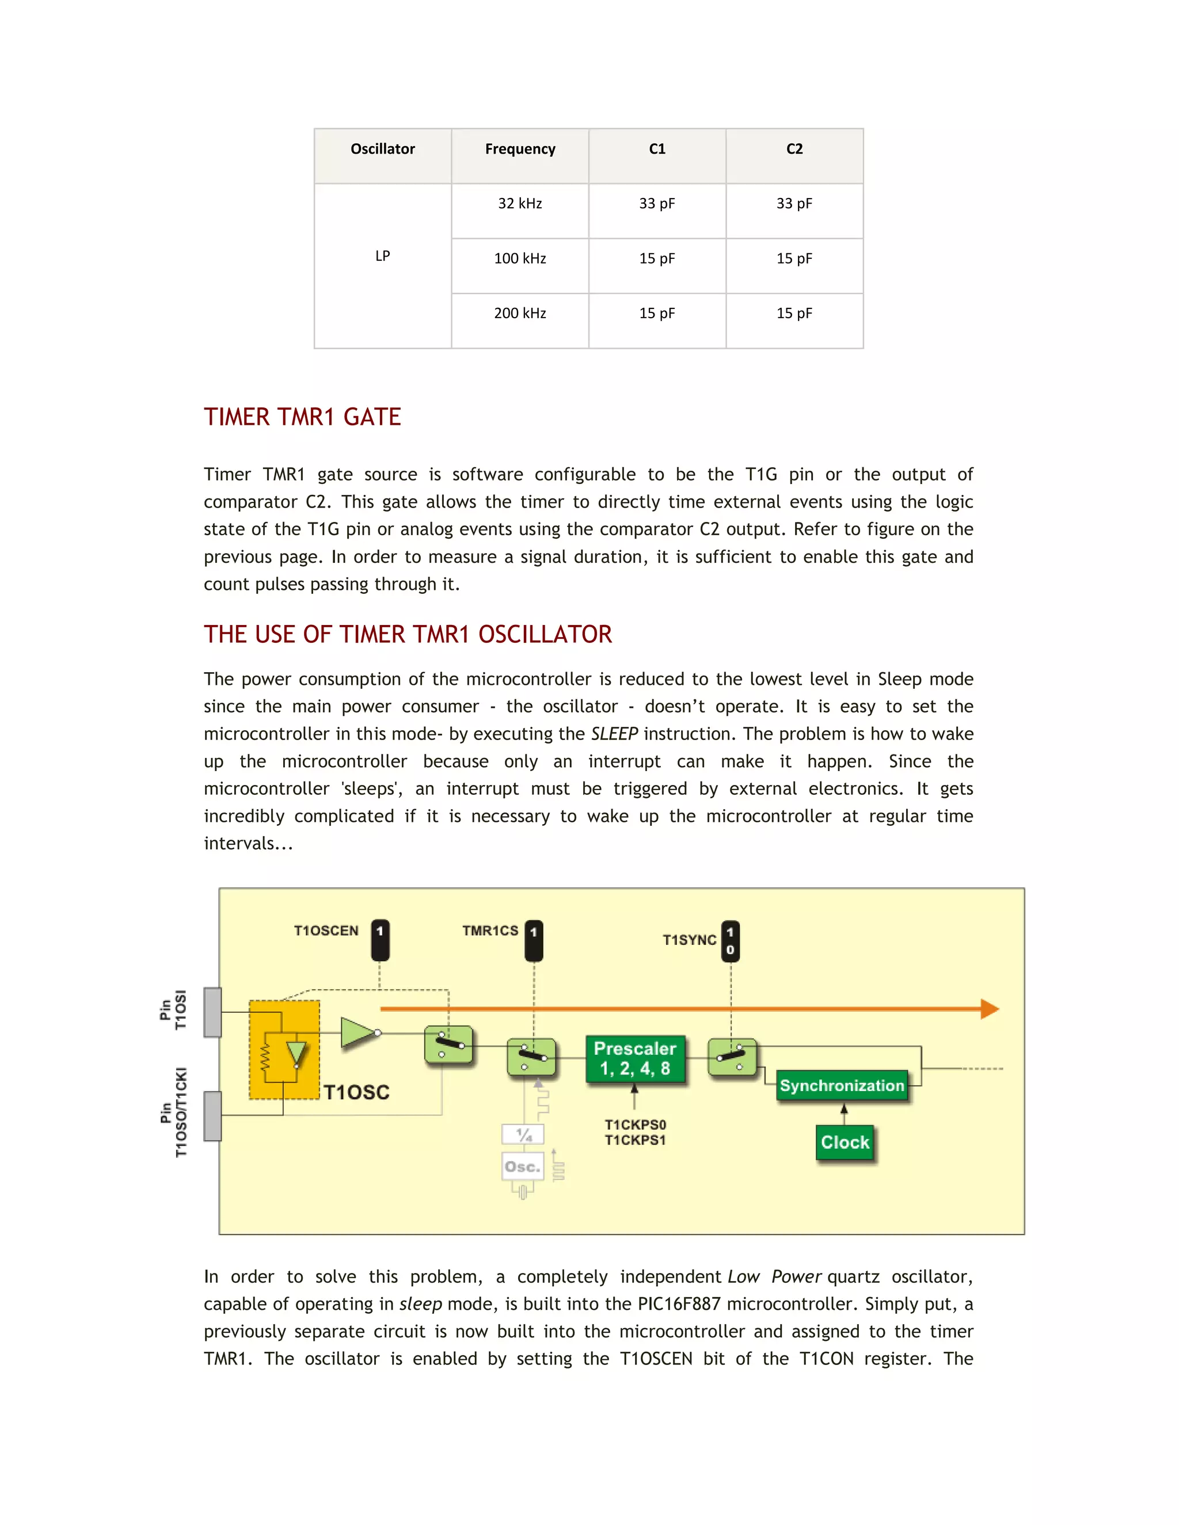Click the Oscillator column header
point(382,148)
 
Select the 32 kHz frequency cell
point(520,203)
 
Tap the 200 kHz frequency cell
point(520,313)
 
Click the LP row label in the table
point(382,256)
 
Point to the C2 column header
point(794,148)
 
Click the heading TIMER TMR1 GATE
point(302,417)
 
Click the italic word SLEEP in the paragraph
point(614,734)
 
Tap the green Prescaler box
point(635,1058)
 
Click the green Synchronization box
point(842,1086)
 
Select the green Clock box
point(845,1142)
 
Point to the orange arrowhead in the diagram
point(989,1009)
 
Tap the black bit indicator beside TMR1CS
point(534,940)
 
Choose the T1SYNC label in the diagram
point(689,940)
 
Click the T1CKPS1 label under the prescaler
point(635,1140)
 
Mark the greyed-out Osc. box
point(523,1167)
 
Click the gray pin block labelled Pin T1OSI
point(212,1012)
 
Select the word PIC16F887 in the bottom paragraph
point(678,1303)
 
